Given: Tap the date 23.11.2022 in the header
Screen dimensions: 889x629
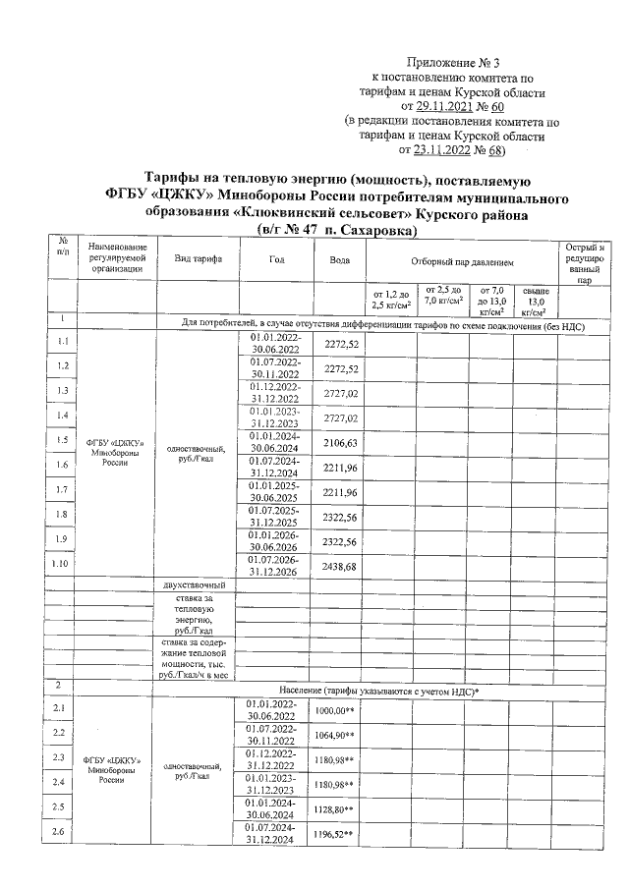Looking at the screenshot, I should point(445,151).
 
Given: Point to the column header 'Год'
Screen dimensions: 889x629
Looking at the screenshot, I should point(276,259).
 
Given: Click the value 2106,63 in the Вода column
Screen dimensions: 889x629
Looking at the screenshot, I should point(339,443).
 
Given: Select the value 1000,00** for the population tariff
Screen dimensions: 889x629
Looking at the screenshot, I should point(334,710).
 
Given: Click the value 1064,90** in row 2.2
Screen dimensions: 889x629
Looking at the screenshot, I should point(334,735).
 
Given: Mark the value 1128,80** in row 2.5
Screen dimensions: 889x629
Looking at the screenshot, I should point(334,809).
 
